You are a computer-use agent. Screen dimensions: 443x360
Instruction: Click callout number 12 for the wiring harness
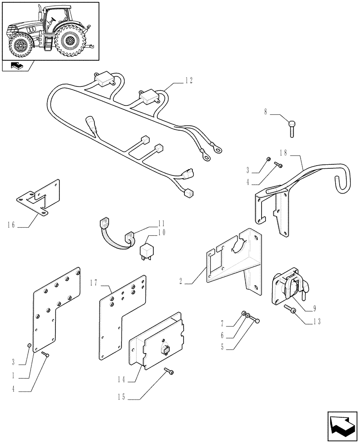pyautogui.click(x=189, y=80)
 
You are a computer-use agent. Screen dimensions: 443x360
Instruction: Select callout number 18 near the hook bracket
pyautogui.click(x=283, y=152)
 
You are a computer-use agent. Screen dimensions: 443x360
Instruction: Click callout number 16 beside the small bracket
pyautogui.click(x=11, y=225)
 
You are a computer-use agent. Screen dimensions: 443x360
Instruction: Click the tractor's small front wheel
pyautogui.click(x=19, y=46)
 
